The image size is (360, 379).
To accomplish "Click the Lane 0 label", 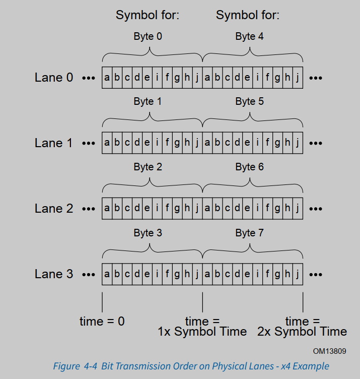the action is pos(53,78).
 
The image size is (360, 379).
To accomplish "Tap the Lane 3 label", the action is pos(53,274).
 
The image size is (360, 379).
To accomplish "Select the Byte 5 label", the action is pos(249,101).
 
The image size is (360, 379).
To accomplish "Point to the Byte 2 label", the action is pos(148,167).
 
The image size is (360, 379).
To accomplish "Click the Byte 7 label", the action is pos(249,233).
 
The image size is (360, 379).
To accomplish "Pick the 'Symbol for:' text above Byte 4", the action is pos(248,15).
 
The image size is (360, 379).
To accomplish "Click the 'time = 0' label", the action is pos(102,321).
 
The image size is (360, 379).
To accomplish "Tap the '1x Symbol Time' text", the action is pos(202,332).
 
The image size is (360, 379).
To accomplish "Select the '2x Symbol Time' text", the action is pos(302,332).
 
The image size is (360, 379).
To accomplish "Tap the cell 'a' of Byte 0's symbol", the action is pos(107,78).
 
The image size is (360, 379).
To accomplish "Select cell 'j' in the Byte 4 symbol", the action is pos(298,78).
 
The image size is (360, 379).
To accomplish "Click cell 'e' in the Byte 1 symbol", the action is pos(147,143).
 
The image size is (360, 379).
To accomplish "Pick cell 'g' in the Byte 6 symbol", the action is pos(277,209).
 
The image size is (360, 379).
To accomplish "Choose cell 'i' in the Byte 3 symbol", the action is pos(157,274).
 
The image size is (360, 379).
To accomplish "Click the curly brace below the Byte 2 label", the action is pos(152,185).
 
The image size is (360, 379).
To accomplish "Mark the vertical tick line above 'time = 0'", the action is pos(102,302).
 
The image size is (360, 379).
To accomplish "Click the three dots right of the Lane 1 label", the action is pos(88,143).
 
